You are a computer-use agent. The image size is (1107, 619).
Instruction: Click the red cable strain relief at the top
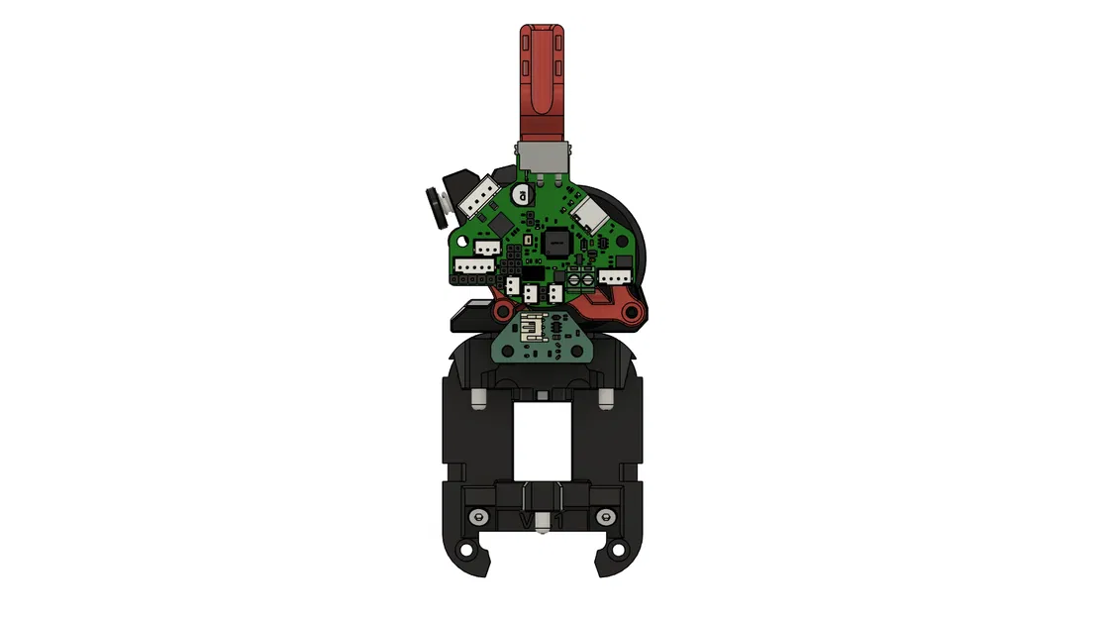pyautogui.click(x=544, y=74)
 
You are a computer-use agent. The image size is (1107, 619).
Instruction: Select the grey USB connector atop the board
pyautogui.click(x=544, y=156)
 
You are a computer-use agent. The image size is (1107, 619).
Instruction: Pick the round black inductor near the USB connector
pyautogui.click(x=522, y=198)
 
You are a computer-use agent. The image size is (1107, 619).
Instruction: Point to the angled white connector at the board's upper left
pyautogui.click(x=478, y=198)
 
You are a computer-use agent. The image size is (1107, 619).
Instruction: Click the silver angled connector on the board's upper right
pyautogui.click(x=594, y=210)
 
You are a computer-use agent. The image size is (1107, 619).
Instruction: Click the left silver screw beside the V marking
pyautogui.click(x=480, y=517)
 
